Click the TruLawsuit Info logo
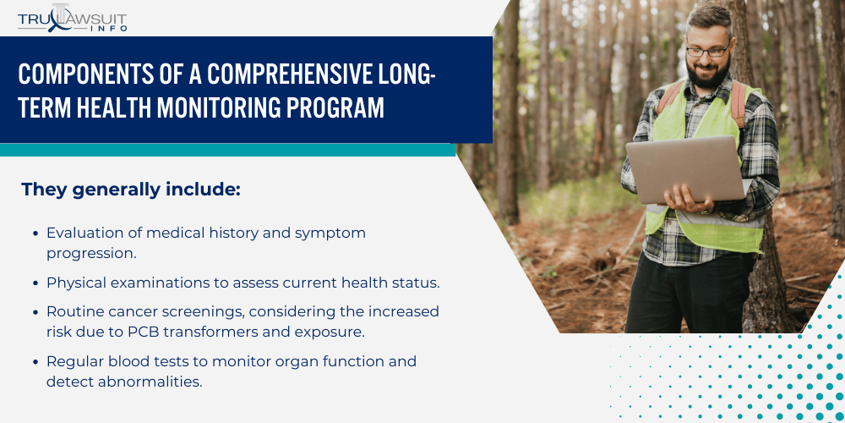[73, 18]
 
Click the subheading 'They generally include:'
[131, 190]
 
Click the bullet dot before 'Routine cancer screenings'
[35, 312]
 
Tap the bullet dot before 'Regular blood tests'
[35, 362]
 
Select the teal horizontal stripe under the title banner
[228, 150]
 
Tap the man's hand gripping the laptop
[678, 197]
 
